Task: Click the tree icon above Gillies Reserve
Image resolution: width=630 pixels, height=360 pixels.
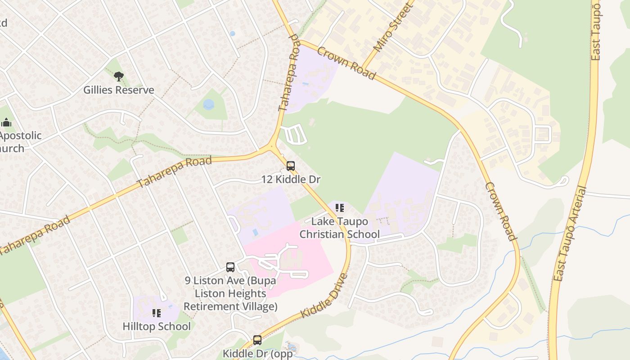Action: tap(118, 76)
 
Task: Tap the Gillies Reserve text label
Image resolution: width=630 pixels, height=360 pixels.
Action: tap(119, 90)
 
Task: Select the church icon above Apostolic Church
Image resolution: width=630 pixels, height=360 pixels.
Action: tap(6, 122)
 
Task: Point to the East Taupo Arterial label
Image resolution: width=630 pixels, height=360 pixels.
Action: tap(570, 234)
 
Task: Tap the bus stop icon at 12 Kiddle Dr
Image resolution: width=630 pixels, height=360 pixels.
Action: tap(291, 166)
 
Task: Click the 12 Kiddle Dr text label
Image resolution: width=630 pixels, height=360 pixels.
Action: tap(291, 180)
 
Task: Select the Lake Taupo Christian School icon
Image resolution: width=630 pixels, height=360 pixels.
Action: tap(340, 208)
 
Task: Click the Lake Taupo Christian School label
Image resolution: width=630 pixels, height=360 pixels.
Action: tap(340, 228)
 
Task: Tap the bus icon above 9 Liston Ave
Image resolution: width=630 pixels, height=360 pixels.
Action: tap(230, 267)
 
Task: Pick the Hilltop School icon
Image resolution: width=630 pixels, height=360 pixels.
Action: tap(157, 313)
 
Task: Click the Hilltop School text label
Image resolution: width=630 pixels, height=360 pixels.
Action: tap(157, 326)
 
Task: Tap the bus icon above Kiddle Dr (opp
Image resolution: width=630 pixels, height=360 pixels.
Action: tap(257, 340)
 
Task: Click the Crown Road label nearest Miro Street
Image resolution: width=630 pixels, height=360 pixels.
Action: tap(346, 63)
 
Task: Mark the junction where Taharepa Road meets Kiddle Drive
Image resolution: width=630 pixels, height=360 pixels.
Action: tap(271, 146)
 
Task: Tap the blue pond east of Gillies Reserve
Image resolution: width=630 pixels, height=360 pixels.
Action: tap(208, 104)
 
